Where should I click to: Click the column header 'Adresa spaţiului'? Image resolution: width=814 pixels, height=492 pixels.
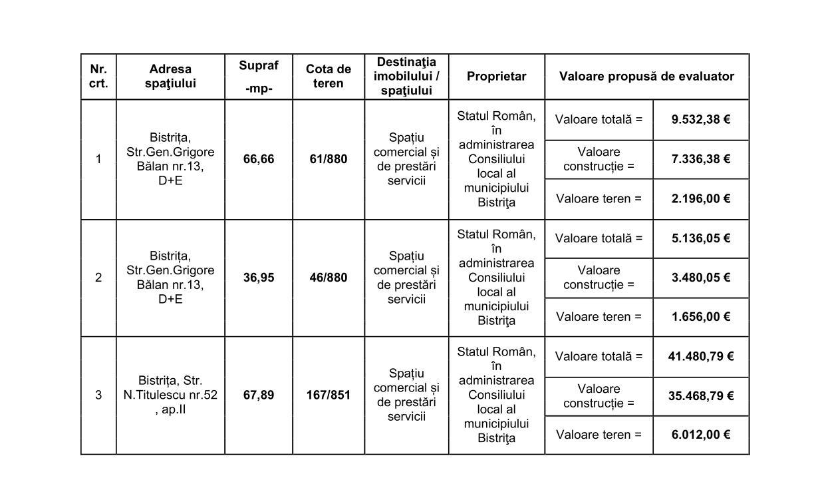170,77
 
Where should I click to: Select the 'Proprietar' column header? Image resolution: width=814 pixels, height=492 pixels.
496,77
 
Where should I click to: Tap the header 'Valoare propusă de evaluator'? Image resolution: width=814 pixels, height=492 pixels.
646,77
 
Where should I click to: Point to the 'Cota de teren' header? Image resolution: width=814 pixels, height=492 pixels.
329,77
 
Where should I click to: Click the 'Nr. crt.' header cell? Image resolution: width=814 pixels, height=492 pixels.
98,77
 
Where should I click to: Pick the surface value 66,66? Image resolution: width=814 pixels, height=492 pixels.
259,160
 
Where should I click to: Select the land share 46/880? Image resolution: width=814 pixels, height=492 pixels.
329,278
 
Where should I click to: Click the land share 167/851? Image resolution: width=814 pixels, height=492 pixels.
329,395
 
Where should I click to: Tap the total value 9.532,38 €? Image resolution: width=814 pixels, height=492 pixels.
701,120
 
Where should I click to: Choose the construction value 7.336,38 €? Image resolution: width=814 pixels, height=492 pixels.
701,159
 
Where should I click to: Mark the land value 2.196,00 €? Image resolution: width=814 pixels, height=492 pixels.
701,198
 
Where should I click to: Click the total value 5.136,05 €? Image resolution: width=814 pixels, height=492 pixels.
701,238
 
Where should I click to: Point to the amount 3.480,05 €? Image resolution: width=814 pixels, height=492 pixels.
701,278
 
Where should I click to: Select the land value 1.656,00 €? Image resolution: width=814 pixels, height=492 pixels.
701,317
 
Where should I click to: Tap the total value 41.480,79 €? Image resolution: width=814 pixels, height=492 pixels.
701,356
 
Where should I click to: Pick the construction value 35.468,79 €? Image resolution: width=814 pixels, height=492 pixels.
701,396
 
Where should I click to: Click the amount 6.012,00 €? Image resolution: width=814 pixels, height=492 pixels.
701,435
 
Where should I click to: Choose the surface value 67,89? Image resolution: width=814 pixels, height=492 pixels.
259,395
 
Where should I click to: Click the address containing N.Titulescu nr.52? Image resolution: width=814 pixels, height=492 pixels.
170,395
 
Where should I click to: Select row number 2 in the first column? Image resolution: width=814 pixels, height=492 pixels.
98,278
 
